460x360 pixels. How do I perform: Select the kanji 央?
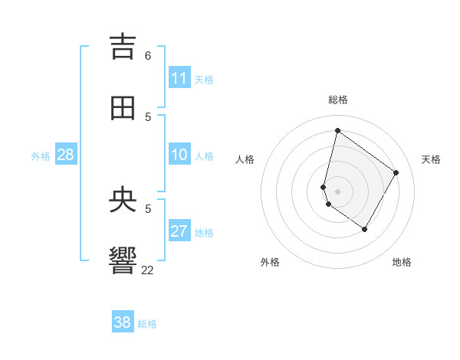pos(123,200)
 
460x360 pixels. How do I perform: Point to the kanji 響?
pos(123,261)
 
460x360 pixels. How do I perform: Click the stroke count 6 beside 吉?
pos(148,56)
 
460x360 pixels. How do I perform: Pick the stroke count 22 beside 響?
pos(148,270)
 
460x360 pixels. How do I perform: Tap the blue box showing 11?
pos(179,78)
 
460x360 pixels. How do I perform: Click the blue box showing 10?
pos(179,155)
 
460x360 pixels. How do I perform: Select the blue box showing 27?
pos(179,231)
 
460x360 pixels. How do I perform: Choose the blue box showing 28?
pos(66,155)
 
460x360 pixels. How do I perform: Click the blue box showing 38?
pos(123,322)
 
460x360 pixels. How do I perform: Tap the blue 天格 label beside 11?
pos(204,79)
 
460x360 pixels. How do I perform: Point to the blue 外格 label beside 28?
pos(41,155)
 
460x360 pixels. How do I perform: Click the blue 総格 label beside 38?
pos(147,323)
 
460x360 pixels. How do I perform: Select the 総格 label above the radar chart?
pos(338,100)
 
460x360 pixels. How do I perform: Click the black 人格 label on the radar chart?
pos(245,159)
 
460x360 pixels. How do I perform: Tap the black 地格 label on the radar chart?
pos(402,262)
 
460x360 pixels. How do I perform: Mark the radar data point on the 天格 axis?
pos(396,172)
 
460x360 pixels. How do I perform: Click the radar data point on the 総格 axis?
pos(337,130)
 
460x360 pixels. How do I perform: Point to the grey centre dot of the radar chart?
pos(337,191)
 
